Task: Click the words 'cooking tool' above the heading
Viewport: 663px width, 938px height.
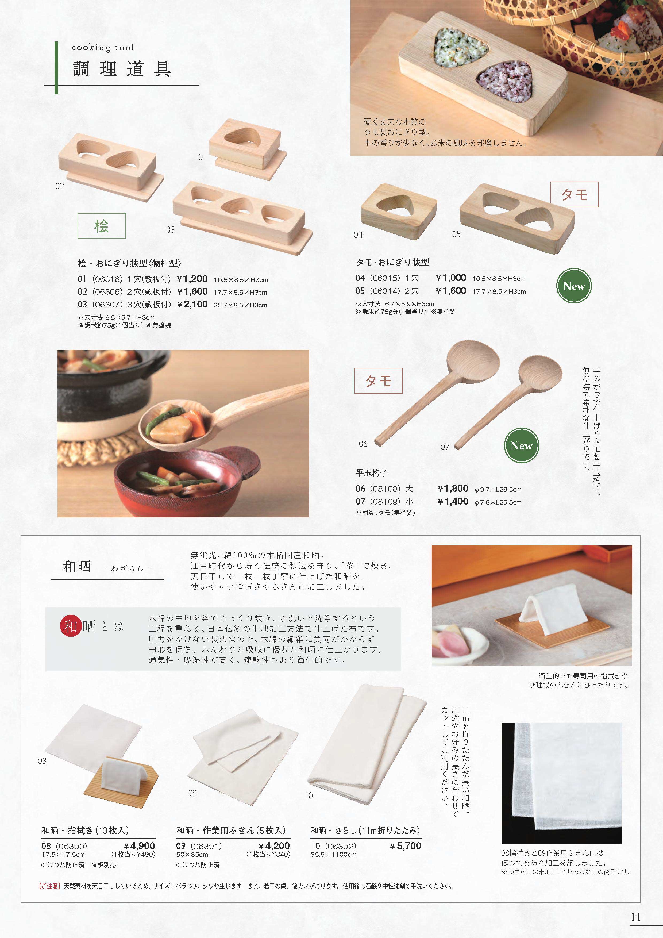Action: coord(103,48)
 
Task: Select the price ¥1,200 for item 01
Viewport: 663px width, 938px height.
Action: coord(192,279)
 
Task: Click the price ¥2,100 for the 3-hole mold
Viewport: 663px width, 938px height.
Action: coord(192,304)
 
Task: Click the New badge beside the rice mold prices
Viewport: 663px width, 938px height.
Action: coord(574,286)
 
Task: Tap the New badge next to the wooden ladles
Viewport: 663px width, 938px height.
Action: coord(522,446)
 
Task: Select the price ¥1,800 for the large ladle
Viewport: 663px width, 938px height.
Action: coord(453,489)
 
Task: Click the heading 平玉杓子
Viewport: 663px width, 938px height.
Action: coord(371,473)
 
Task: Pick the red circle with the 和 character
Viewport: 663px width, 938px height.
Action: coord(71,626)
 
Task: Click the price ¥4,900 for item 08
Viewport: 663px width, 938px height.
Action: coord(139,846)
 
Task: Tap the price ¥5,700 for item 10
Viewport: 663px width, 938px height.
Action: coord(406,846)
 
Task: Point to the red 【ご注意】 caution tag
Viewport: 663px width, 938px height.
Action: coord(49,886)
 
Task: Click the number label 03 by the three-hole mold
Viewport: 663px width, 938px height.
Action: coord(170,230)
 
